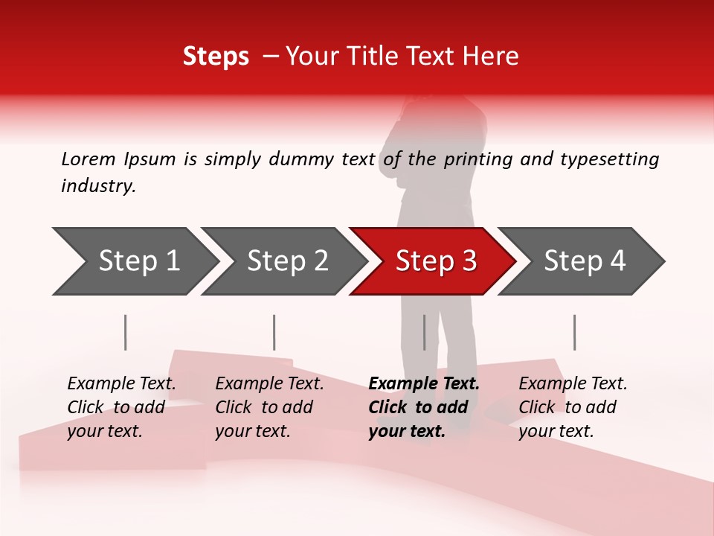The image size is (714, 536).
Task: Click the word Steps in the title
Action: pyautogui.click(x=216, y=57)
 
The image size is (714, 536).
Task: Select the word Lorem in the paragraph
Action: pyautogui.click(x=88, y=159)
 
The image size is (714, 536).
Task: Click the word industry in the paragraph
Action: pyautogui.click(x=97, y=186)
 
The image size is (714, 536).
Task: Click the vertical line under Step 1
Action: pyautogui.click(x=125, y=332)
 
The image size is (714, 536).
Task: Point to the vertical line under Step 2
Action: pyautogui.click(x=274, y=332)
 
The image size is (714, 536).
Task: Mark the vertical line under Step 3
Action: pyautogui.click(x=424, y=332)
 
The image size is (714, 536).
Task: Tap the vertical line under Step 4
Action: pyautogui.click(x=574, y=332)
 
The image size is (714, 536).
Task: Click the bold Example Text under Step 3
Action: pyautogui.click(x=424, y=384)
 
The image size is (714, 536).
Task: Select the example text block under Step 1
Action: pyautogui.click(x=121, y=407)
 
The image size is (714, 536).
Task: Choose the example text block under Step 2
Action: pyautogui.click(x=269, y=407)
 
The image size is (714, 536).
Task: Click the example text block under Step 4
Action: pyautogui.click(x=573, y=407)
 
